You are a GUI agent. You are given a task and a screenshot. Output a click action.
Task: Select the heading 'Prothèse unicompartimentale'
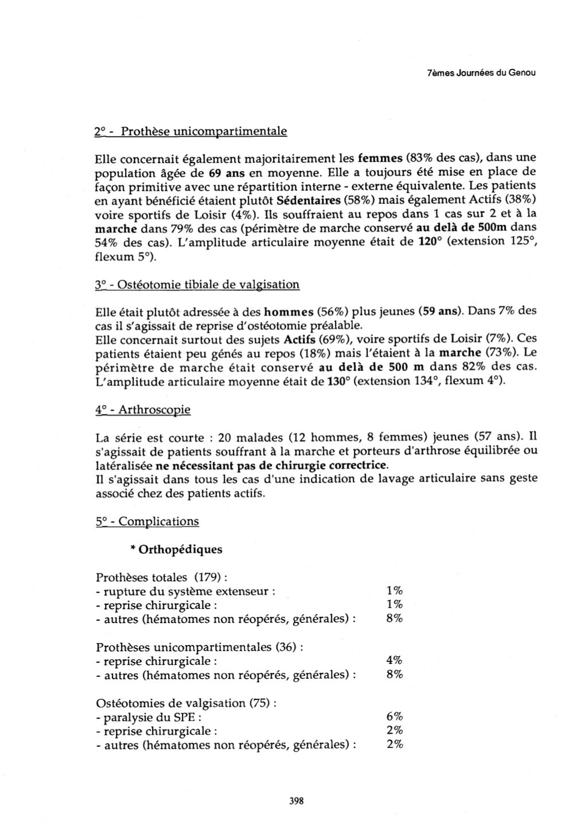point(204,131)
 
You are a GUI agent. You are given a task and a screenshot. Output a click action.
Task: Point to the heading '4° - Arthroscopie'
point(143,410)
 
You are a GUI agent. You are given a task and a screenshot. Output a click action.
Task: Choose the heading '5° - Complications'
point(147,521)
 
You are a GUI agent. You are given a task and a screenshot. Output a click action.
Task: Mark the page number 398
point(296,801)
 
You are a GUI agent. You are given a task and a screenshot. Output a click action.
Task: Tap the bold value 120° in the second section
point(431,242)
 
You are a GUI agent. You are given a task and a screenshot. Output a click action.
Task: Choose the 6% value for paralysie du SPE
point(395,717)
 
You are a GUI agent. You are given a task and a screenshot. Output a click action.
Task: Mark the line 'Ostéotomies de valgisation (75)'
point(186,703)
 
